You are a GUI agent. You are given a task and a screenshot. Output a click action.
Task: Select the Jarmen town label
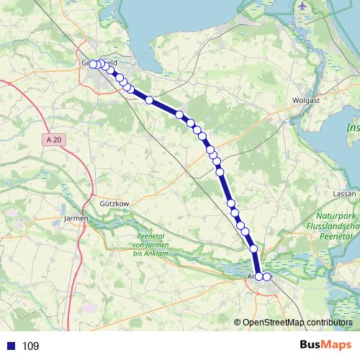(x=76, y=217)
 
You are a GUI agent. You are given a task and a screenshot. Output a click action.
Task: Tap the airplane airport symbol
(x=302, y=6)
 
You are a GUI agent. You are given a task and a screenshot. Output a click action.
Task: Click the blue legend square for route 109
(x=11, y=346)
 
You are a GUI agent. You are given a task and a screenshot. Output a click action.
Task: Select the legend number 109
(x=30, y=346)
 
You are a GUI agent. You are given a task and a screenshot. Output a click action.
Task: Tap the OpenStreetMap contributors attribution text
(x=297, y=323)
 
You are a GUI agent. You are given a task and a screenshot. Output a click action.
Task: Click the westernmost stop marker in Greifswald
(x=92, y=64)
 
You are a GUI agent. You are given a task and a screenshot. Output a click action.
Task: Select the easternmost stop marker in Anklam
(x=267, y=276)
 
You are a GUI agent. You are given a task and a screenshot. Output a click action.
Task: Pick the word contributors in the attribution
(x=329, y=323)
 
